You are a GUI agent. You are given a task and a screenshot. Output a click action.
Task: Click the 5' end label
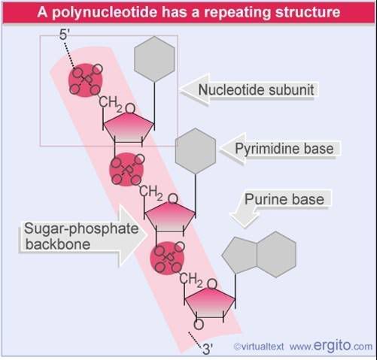tap(64, 35)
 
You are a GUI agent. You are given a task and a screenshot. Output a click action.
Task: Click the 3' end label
tap(208, 349)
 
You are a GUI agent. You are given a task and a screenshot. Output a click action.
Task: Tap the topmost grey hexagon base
tap(154, 59)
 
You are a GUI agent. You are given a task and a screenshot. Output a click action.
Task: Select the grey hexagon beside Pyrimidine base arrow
tap(196, 151)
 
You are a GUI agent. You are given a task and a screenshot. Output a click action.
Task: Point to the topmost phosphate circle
tap(86, 80)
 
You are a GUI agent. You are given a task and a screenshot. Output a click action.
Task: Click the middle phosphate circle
tap(126, 169)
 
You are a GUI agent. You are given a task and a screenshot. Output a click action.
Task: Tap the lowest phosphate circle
tap(167, 259)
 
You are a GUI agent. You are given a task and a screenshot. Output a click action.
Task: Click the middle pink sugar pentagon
tap(170, 217)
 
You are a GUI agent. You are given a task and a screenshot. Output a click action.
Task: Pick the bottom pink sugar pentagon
tap(210, 303)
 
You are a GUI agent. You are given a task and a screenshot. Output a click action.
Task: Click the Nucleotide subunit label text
tap(256, 89)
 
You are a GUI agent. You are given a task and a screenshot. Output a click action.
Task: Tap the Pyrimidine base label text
tap(284, 149)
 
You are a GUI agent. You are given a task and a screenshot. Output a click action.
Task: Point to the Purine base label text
tap(284, 199)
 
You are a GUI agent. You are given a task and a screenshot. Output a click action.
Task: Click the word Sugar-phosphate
tap(81, 229)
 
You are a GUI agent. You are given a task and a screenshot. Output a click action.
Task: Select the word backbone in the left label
tap(58, 244)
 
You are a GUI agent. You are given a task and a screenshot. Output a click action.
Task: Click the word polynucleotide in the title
tap(105, 13)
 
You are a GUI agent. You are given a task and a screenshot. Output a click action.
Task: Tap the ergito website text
tap(331, 346)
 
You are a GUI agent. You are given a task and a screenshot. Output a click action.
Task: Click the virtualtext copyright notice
tap(259, 347)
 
